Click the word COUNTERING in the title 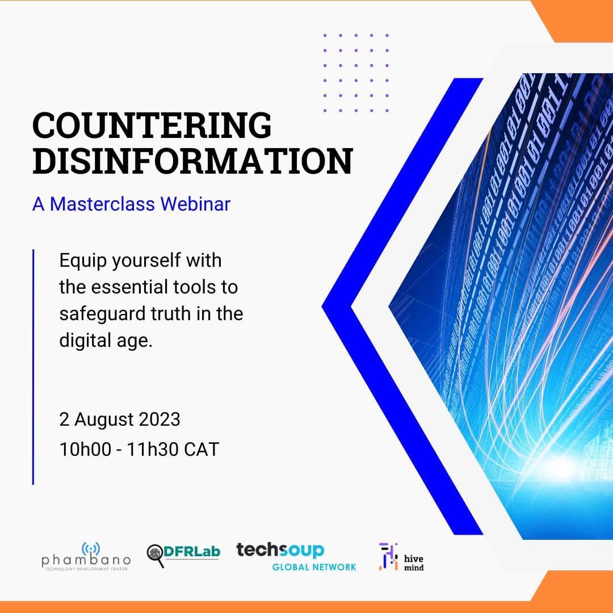(152, 125)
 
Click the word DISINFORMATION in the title (192, 161)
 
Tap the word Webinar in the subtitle (195, 204)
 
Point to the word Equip (83, 262)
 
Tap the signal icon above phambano (91, 548)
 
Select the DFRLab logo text (192, 552)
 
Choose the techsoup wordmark (280, 550)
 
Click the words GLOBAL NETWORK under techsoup (314, 566)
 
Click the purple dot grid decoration (356, 73)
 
